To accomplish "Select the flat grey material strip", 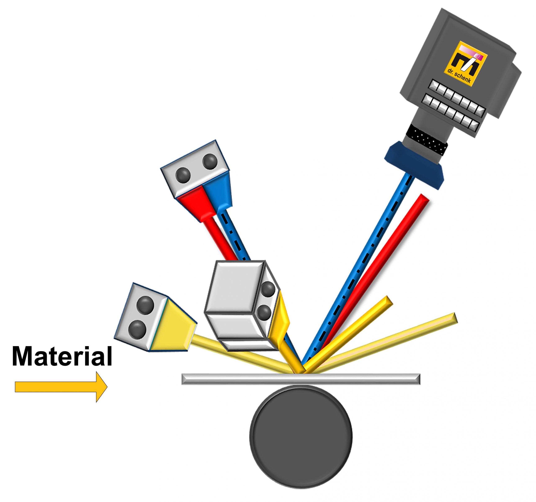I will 301,379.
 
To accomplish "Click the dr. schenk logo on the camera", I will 466,64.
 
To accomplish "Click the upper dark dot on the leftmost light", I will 145,305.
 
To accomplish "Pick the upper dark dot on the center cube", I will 268,289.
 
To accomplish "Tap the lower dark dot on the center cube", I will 264,313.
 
